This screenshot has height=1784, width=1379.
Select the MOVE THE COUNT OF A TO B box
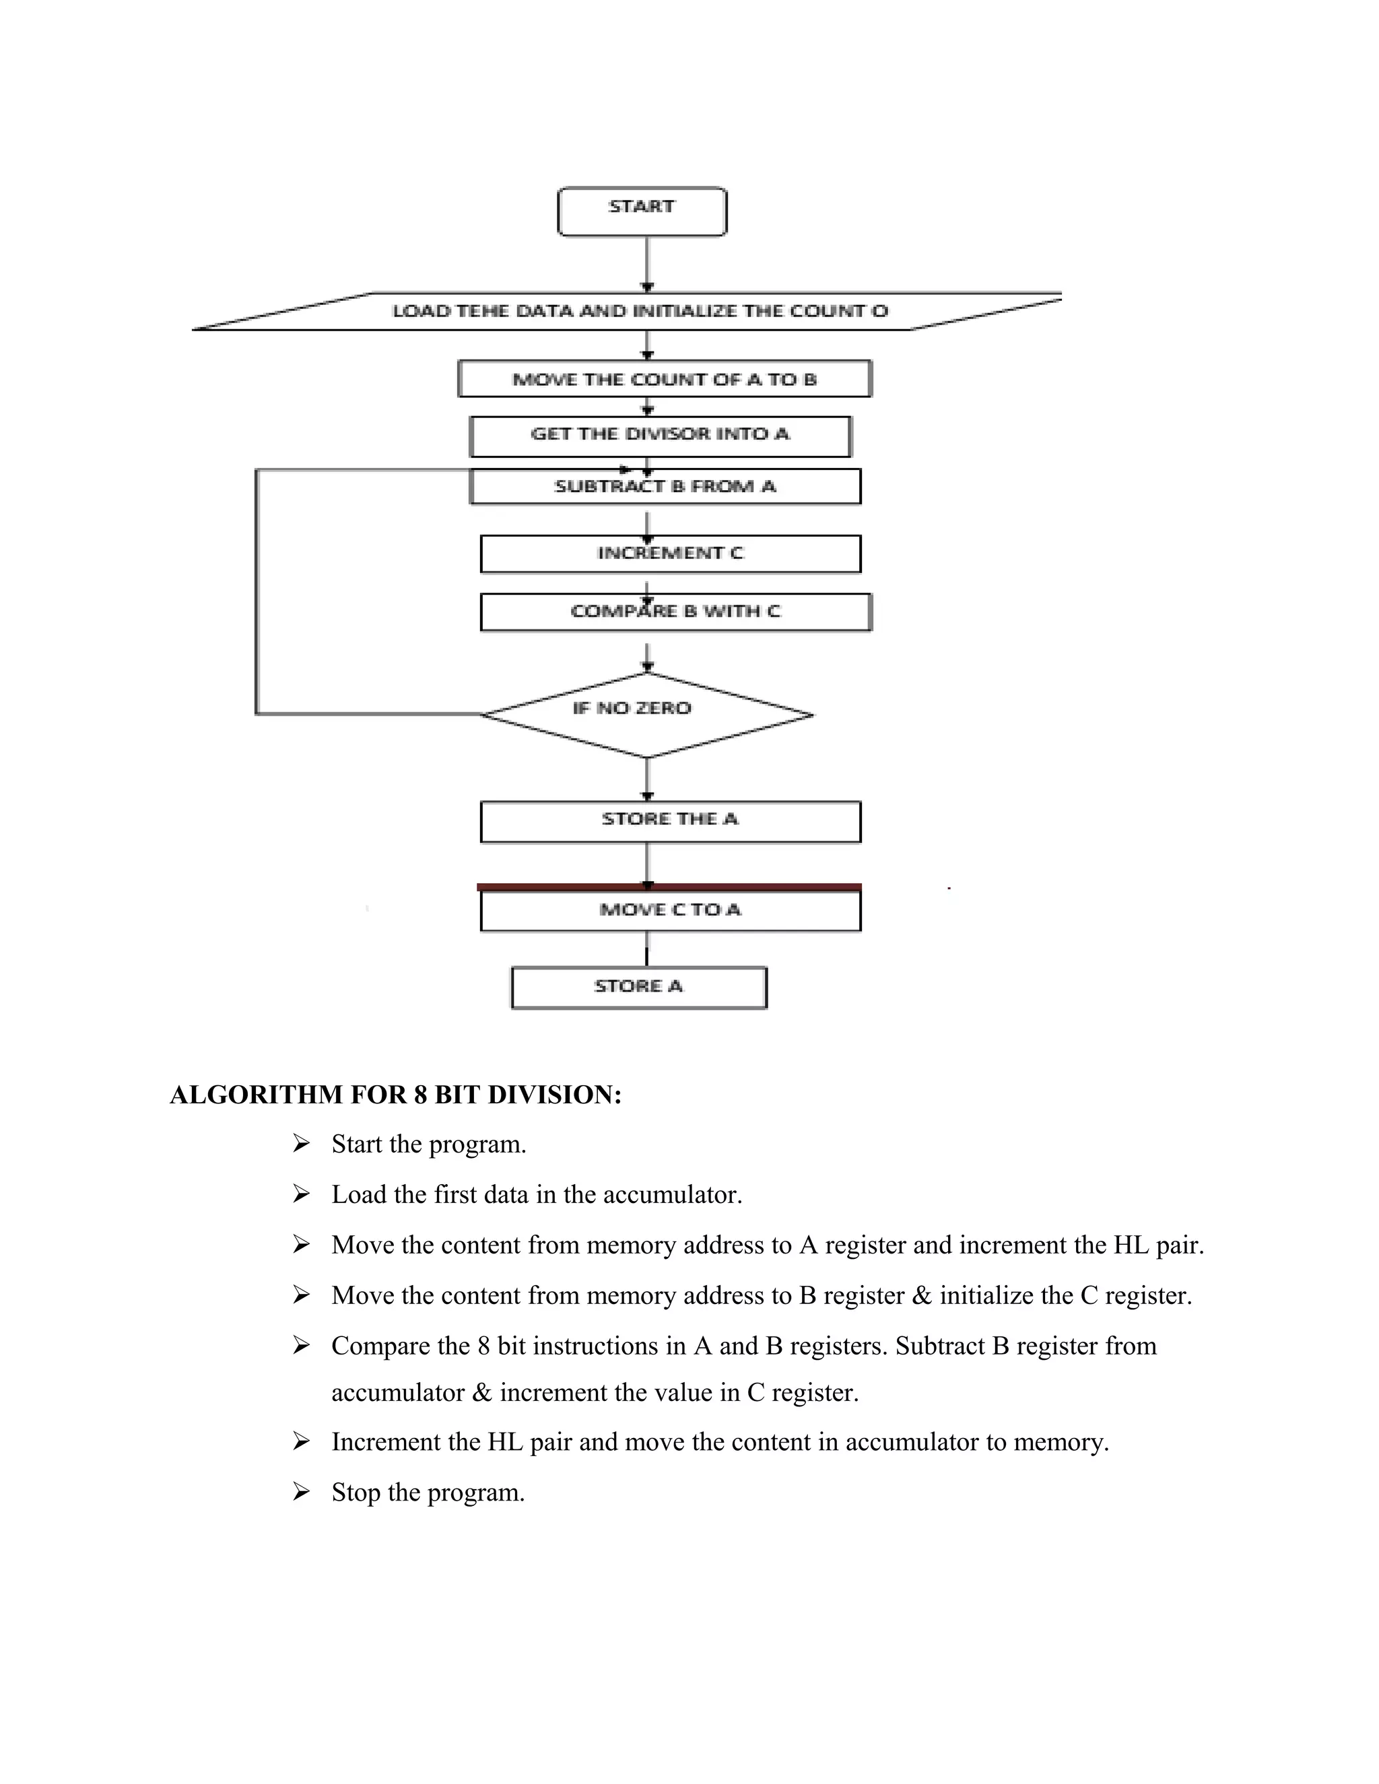(x=664, y=379)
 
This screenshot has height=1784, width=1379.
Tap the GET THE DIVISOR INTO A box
(x=660, y=436)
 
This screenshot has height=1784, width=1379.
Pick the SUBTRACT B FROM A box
(x=665, y=487)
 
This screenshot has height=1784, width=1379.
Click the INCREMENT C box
(x=670, y=554)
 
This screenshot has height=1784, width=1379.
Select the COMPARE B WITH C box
(x=675, y=612)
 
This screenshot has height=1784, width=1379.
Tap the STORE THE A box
(x=670, y=821)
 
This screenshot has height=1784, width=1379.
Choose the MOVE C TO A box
(x=670, y=911)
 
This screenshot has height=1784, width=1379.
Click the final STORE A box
(x=639, y=988)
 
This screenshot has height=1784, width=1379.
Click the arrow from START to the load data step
(x=647, y=263)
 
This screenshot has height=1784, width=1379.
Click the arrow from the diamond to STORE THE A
(x=647, y=778)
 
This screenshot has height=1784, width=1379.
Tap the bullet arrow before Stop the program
(x=302, y=1493)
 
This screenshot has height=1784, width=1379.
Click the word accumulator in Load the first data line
(x=669, y=1195)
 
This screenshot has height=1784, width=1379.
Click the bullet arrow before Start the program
(x=302, y=1144)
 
